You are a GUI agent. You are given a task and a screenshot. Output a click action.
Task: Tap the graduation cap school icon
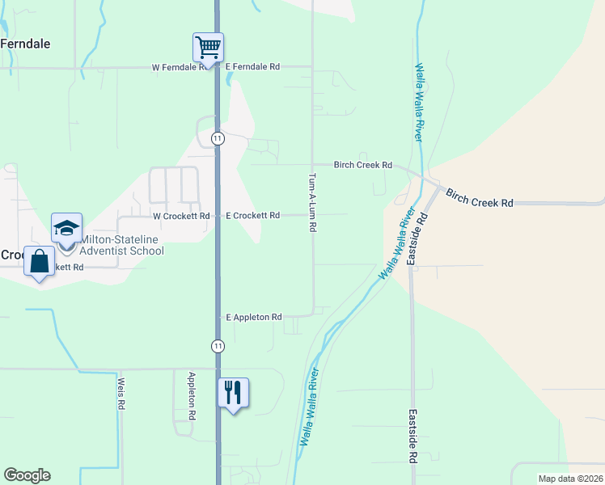point(67,227)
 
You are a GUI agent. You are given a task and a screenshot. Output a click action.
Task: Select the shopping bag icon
point(40,261)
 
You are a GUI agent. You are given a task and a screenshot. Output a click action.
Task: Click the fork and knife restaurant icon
point(233,393)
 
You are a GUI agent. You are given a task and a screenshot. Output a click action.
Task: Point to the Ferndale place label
point(26,44)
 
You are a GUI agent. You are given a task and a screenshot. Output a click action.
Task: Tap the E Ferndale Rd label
point(252,67)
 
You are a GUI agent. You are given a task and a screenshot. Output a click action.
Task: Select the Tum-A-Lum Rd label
point(312,201)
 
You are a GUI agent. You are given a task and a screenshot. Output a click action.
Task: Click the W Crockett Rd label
point(181,216)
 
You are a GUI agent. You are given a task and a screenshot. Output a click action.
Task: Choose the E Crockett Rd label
point(252,216)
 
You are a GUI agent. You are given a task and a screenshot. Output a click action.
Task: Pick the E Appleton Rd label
point(253,318)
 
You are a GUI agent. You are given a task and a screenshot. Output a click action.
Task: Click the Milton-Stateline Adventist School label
point(121,245)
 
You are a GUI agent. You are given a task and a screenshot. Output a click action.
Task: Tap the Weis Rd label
point(121,393)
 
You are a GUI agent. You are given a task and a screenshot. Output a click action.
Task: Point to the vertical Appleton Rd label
point(192,395)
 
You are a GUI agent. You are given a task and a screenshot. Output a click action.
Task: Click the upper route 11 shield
point(218,139)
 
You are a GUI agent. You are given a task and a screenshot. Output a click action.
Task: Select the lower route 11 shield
point(218,346)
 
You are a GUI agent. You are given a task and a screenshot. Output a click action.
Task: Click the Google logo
point(27,475)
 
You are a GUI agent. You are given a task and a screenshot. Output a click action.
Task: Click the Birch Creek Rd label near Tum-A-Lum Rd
point(363,165)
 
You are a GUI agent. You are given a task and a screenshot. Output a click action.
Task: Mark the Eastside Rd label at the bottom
point(412,436)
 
